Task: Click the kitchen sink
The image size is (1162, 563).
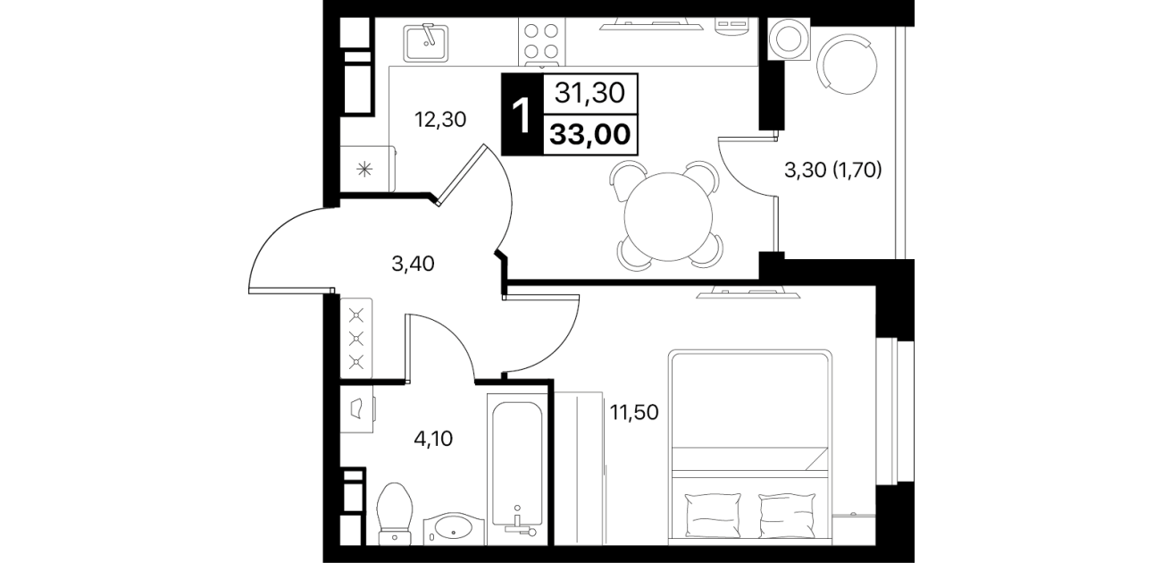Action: (426, 43)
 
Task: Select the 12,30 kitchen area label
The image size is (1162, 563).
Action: (440, 120)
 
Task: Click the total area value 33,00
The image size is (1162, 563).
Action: (590, 135)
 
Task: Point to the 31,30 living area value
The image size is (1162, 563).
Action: (590, 94)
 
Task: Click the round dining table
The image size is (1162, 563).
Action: (668, 217)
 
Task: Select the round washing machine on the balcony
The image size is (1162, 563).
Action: (788, 38)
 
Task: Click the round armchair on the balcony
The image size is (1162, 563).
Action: (847, 63)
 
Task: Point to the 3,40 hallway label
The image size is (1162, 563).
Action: (413, 265)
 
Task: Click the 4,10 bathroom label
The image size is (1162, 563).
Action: (433, 439)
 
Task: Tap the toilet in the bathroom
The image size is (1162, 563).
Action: (396, 514)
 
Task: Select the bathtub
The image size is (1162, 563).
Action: (517, 464)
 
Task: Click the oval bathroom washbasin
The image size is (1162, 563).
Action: (454, 529)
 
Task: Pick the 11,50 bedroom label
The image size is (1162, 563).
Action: (634, 413)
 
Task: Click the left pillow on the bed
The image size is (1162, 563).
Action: (714, 516)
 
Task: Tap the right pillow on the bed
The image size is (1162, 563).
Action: (787, 516)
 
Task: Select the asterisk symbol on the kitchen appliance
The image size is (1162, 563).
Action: (365, 169)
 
